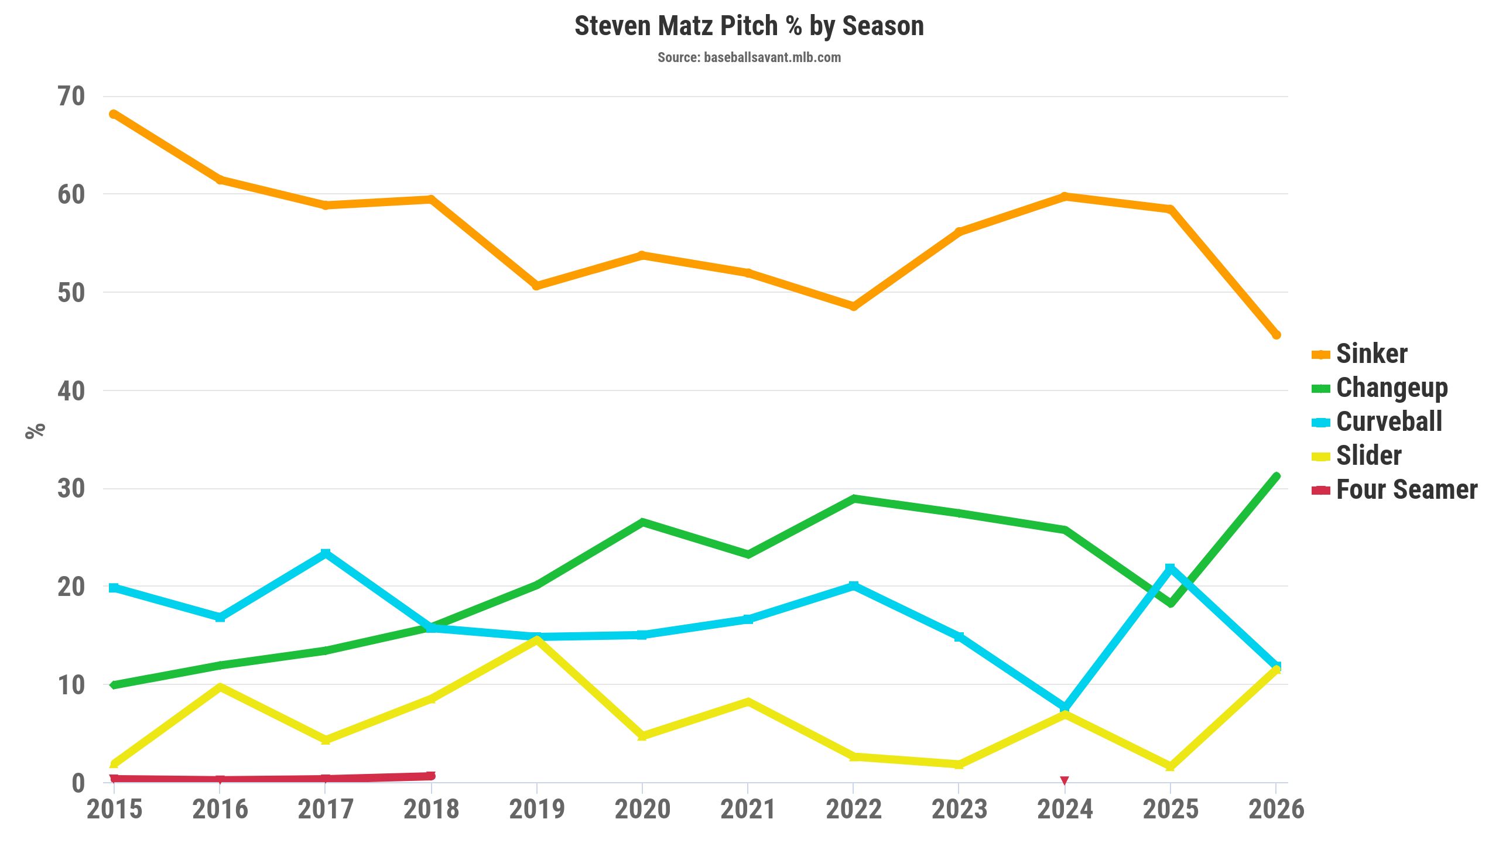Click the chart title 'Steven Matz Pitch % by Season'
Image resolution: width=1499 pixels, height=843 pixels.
pyautogui.click(x=749, y=26)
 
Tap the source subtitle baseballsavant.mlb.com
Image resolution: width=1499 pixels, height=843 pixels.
pyautogui.click(x=749, y=57)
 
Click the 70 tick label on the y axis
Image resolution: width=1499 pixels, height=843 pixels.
pyautogui.click(x=71, y=97)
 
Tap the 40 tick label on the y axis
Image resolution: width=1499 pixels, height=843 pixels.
pyautogui.click(x=71, y=391)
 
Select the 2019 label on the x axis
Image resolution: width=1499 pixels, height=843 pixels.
pyautogui.click(x=536, y=810)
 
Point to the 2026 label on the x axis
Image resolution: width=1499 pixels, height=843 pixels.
pyautogui.click(x=1276, y=810)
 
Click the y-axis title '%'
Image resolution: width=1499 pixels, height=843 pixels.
pyautogui.click(x=35, y=430)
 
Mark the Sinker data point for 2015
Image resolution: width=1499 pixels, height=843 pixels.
pyautogui.click(x=114, y=114)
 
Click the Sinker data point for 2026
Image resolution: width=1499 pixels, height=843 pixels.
pyautogui.click(x=1276, y=335)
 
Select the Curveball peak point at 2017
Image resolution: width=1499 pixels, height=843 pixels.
pyautogui.click(x=326, y=553)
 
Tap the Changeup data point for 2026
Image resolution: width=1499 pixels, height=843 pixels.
pyautogui.click(x=1276, y=476)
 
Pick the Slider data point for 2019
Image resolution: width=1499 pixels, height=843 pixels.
pyautogui.click(x=536, y=640)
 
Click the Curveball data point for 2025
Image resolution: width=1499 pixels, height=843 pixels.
pyautogui.click(x=1170, y=568)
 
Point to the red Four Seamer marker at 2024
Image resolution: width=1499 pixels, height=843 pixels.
pyautogui.click(x=1065, y=780)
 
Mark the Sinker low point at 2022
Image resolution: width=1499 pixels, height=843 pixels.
pyautogui.click(x=853, y=306)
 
